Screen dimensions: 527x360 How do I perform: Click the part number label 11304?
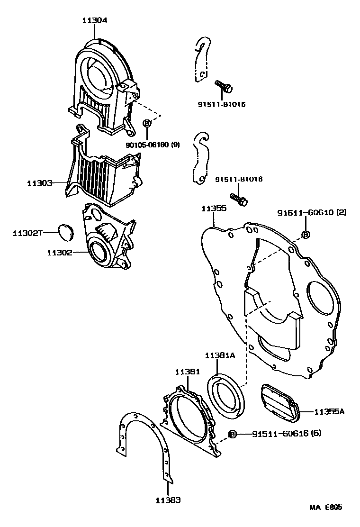(x=95, y=20)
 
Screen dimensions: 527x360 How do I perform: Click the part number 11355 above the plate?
(x=213, y=208)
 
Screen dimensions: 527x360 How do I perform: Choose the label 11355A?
(x=328, y=412)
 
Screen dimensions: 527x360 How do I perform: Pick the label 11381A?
(x=220, y=355)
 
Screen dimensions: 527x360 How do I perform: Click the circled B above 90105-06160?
(x=147, y=123)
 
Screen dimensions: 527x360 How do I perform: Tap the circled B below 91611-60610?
(x=306, y=234)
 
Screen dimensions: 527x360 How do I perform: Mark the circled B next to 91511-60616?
(x=233, y=434)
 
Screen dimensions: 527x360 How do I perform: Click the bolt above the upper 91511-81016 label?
(x=224, y=86)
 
